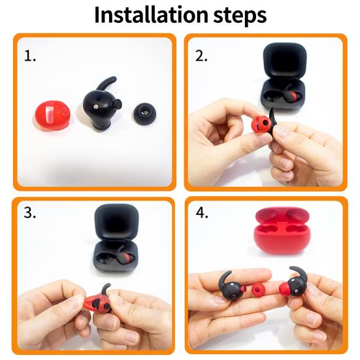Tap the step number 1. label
[30, 56]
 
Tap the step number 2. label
[202, 56]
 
